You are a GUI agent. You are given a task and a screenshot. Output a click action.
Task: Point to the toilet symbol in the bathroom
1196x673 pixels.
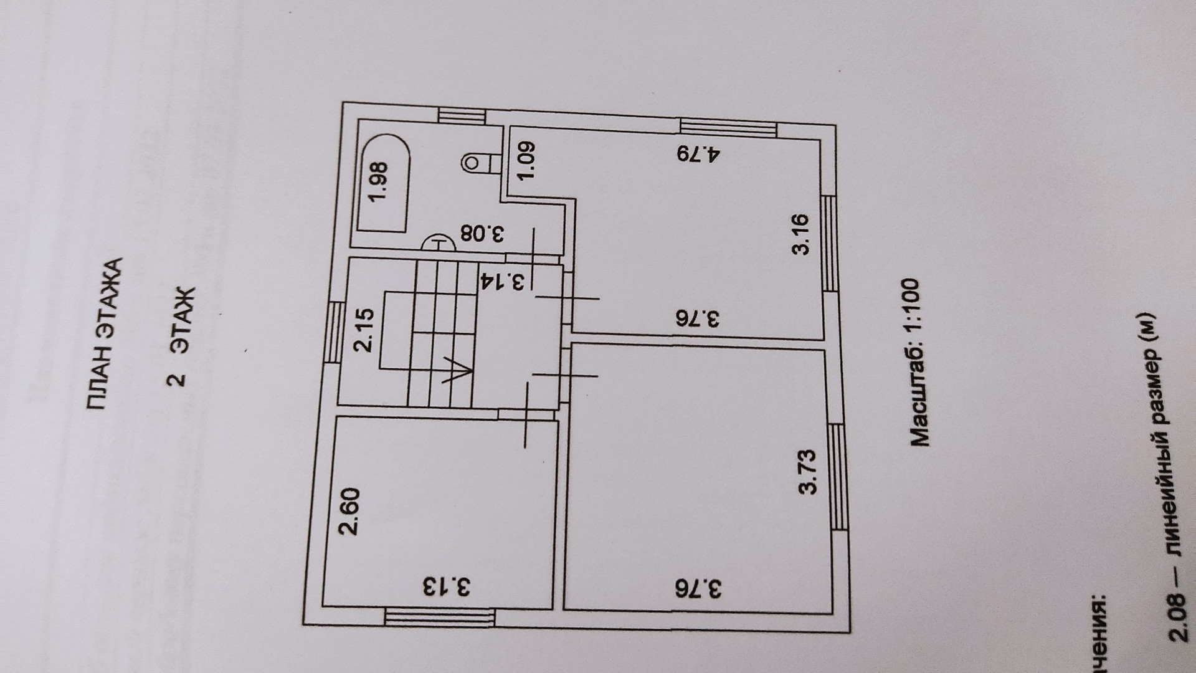(x=477, y=164)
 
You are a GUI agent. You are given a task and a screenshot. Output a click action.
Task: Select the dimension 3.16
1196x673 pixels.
(x=800, y=234)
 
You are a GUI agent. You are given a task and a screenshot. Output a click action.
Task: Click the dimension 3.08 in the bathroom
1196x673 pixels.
(x=482, y=235)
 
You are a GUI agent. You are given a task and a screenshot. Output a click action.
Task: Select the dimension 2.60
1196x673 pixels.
(x=349, y=512)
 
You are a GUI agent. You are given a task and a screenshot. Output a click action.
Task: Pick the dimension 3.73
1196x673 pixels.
(x=808, y=472)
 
